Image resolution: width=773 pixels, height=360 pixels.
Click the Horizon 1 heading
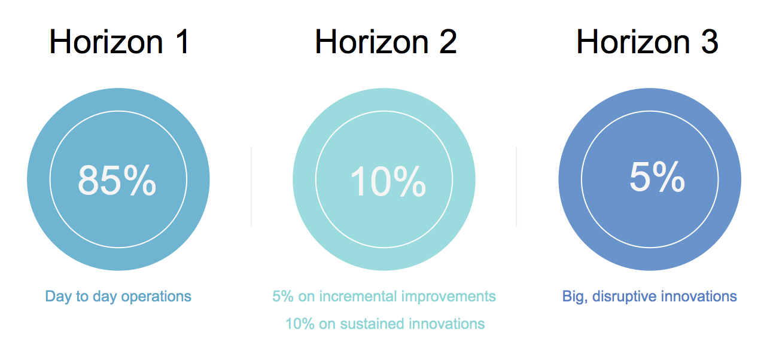click(x=120, y=42)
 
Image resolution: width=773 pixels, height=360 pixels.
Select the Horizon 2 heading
click(x=386, y=42)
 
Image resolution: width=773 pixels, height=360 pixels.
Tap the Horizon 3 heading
click(x=647, y=42)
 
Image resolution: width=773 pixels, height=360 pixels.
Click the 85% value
click(x=117, y=180)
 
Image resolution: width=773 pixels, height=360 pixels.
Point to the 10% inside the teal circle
click(x=388, y=181)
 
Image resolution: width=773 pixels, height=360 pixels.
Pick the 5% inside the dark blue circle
click(x=657, y=176)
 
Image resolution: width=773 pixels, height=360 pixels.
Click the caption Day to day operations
click(x=118, y=297)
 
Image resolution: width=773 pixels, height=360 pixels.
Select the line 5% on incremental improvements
click(x=384, y=297)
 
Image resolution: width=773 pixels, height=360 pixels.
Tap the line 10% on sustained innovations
click(x=385, y=324)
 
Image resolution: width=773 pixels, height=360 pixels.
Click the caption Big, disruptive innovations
click(x=650, y=297)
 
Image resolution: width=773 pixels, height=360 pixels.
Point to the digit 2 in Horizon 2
click(x=448, y=42)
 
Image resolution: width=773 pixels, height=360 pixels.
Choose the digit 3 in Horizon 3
click(x=710, y=42)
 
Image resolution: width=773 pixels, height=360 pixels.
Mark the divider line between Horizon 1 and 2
click(x=251, y=187)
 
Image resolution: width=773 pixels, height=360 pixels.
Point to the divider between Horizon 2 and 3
click(x=516, y=187)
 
